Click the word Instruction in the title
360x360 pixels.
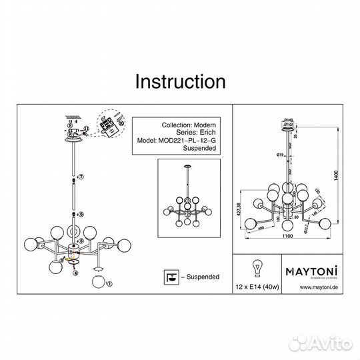[x=180, y=81]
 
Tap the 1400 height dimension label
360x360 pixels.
[x=339, y=176]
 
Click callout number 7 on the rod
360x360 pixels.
[x=82, y=177]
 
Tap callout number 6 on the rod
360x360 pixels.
[x=82, y=215]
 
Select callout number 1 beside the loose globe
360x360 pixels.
[x=109, y=285]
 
